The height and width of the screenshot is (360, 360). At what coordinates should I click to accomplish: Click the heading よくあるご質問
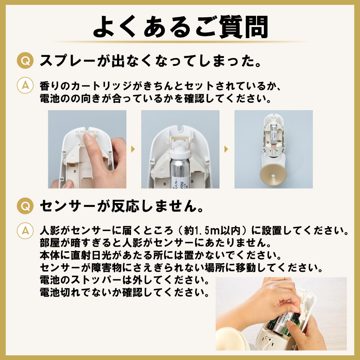pyautogui.click(x=180, y=27)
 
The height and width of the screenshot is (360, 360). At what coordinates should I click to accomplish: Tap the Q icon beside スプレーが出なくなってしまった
pyautogui.click(x=25, y=60)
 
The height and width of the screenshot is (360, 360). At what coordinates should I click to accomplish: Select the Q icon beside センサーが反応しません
pyautogui.click(x=25, y=206)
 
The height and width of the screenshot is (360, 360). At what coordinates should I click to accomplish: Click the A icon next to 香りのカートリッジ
pyautogui.click(x=25, y=85)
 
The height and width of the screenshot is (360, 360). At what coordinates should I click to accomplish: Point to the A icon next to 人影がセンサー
pyautogui.click(x=25, y=230)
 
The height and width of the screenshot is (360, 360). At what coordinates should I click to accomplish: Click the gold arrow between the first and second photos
pyautogui.click(x=133, y=149)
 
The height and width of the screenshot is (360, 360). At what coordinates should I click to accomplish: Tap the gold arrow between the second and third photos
pyautogui.click(x=226, y=149)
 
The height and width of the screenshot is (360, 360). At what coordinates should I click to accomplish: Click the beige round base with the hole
pyautogui.click(x=273, y=175)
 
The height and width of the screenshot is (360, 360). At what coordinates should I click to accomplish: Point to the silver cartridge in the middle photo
pyautogui.click(x=180, y=174)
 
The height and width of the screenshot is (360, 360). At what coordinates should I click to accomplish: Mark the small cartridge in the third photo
pyautogui.click(x=273, y=134)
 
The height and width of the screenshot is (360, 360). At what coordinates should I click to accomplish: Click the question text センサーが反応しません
pyautogui.click(x=122, y=206)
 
